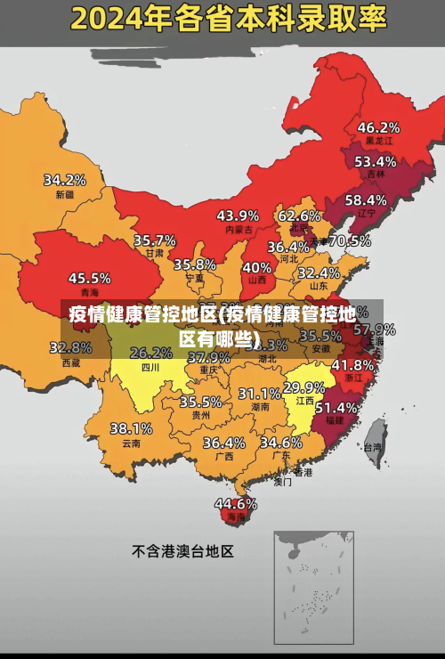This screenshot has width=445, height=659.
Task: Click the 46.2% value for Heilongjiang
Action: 378,127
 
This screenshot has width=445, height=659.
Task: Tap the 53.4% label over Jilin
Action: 375,162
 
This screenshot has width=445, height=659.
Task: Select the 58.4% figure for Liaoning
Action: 366,200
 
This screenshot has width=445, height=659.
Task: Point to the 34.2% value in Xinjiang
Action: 65,180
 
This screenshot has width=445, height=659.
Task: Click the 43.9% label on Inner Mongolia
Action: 238,216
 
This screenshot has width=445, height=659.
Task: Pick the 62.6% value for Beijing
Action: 299,216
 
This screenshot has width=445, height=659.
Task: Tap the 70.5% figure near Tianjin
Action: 350,240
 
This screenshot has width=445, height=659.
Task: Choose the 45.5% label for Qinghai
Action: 90,279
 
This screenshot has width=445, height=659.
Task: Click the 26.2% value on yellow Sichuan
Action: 151,354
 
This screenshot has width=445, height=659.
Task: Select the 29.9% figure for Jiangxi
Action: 303,387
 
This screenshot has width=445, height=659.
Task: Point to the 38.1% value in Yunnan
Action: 131,429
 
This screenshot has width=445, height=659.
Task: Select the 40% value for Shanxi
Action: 257,267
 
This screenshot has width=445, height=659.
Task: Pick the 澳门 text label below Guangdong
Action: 282,483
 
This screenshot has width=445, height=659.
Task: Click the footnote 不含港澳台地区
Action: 182,551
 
